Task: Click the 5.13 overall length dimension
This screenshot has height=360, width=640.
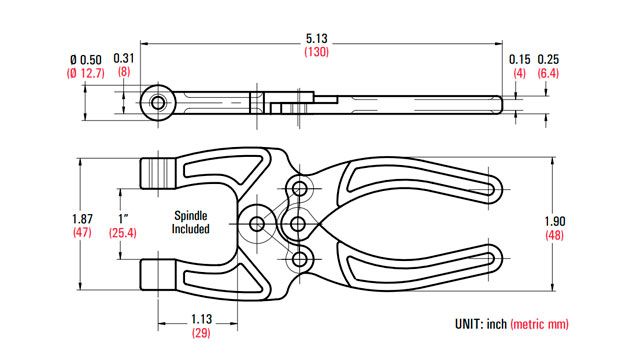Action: tap(317, 39)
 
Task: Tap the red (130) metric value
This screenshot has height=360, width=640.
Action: tap(316, 52)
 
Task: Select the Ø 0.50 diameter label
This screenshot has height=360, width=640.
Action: tap(86, 60)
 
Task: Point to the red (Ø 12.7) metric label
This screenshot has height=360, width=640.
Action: tap(86, 73)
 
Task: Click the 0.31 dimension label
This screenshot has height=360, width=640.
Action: tap(124, 58)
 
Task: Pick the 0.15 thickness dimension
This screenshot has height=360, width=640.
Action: tap(520, 60)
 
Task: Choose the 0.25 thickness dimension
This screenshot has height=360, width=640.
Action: tap(548, 60)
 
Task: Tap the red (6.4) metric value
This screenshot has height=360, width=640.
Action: tap(548, 73)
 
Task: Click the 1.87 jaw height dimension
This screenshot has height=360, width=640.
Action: tap(82, 219)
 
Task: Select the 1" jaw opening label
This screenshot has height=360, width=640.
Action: tap(123, 218)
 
